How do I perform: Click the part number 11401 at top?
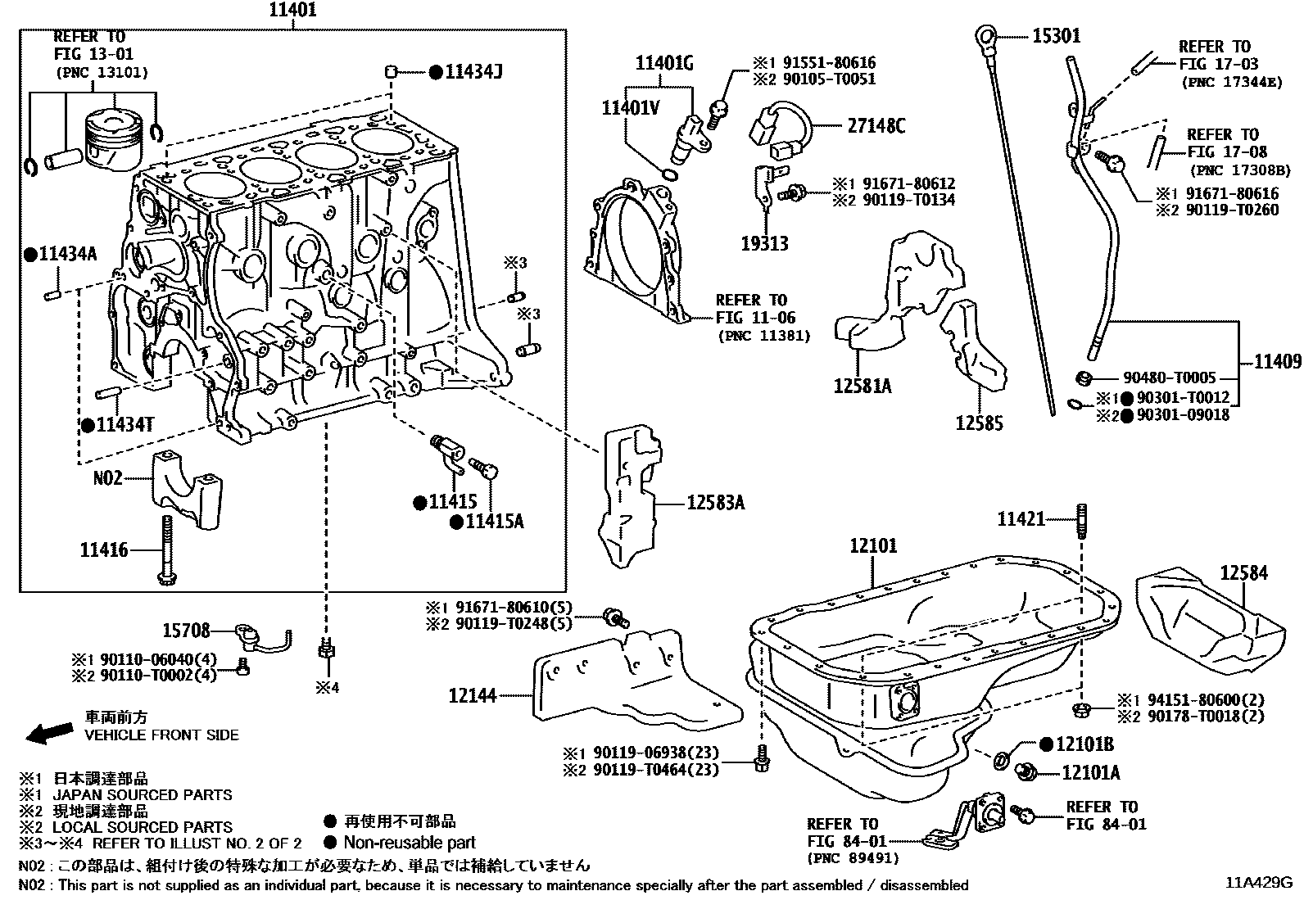pyautogui.click(x=292, y=11)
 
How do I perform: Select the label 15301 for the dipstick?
pyautogui.click(x=1056, y=36)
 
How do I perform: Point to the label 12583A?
pyautogui.click(x=716, y=503)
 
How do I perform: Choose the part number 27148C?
pyautogui.click(x=876, y=126)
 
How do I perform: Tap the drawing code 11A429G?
pyautogui.click(x=1258, y=883)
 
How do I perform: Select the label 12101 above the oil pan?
pyautogui.click(x=873, y=545)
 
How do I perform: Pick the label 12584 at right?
pyautogui.click(x=1243, y=572)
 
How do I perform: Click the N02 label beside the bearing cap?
pyautogui.click(x=107, y=477)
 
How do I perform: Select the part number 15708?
pyautogui.click(x=187, y=631)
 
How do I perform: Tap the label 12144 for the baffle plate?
pyautogui.click(x=473, y=696)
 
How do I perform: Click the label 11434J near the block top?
pyautogui.click(x=473, y=72)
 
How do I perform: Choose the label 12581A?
pyautogui.click(x=863, y=385)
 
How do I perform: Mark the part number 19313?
pyautogui.click(x=764, y=243)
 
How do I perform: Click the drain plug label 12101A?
pyautogui.click(x=1090, y=772)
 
